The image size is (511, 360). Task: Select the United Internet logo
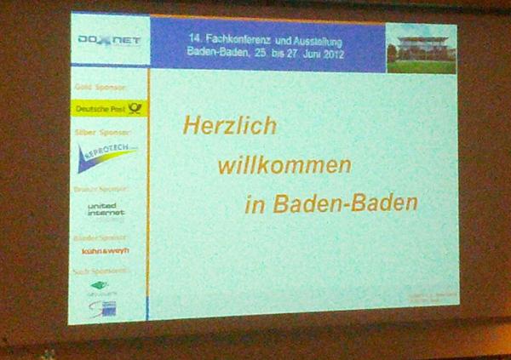pos(106,209)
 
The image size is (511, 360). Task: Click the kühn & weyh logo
pos(104,251)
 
